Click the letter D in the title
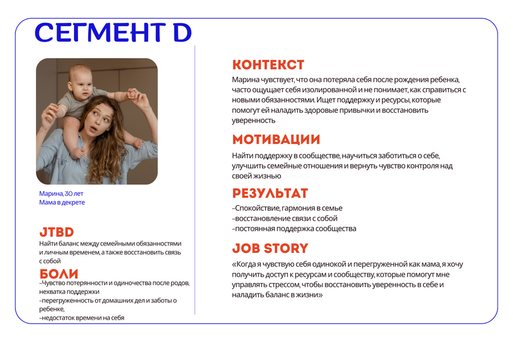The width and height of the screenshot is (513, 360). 182,32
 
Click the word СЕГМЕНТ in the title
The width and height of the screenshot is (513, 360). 100,32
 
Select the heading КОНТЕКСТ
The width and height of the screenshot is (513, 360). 268,65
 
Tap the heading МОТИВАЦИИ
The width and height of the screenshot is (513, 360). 276,140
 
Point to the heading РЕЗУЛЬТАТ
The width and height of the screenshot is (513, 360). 270,193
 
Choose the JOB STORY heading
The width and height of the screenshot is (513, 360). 270,248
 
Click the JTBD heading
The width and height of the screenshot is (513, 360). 56,232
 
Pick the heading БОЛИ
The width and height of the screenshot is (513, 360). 59,274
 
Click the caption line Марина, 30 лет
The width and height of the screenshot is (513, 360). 61,194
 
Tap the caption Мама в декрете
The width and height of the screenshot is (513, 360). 62,202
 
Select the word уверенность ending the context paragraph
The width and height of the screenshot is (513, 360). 254,121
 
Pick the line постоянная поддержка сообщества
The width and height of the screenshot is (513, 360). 294,228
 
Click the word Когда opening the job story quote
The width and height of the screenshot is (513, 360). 245,264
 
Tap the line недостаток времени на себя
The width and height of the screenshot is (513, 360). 82,318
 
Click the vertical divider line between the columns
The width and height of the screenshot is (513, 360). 195,180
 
